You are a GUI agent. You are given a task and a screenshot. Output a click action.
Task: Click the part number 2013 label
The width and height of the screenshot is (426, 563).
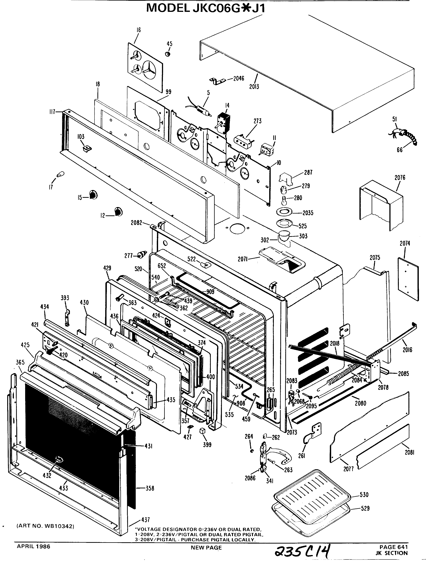254,87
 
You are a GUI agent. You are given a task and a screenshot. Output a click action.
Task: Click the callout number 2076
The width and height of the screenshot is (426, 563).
400,177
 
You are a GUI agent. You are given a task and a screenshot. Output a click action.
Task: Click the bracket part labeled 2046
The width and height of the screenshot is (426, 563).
217,81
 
